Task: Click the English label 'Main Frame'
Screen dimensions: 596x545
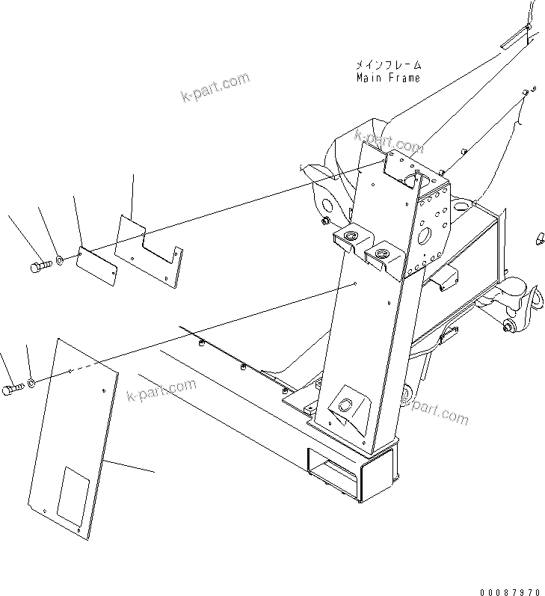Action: pos(387,78)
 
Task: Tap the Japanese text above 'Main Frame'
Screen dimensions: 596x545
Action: pos(387,66)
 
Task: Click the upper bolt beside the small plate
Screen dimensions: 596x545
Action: pos(40,265)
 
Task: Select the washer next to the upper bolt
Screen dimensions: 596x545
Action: pos(59,262)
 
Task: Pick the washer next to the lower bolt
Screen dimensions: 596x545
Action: pos(33,385)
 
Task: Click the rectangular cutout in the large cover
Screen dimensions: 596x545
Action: pos(76,497)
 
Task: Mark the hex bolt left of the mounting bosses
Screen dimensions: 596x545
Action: pos(325,221)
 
